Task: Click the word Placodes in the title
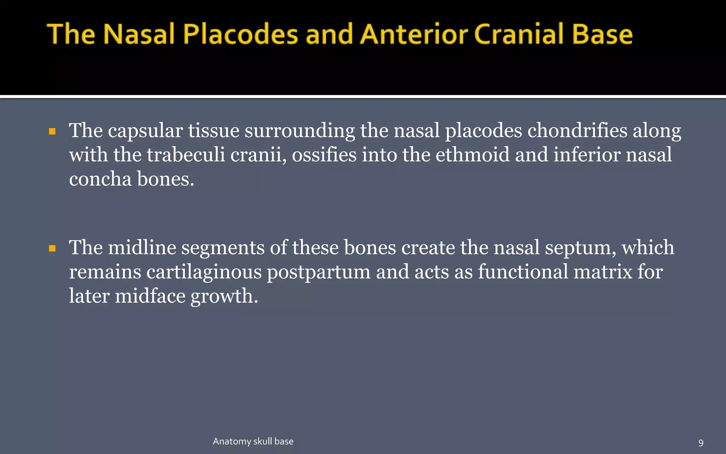pos(240,34)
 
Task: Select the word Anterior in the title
pos(414,34)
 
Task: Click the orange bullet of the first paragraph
pos(52,132)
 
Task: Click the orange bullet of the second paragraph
pos(52,248)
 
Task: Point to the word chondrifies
pos(577,131)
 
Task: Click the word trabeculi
pos(186,155)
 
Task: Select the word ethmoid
pos(472,155)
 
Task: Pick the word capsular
pos(145,131)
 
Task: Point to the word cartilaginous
pos(204,272)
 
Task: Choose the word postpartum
pos(318,272)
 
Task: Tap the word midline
pos(142,248)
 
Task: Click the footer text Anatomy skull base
pos(253,441)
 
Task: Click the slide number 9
pos(700,443)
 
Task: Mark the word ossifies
pos(324,155)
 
